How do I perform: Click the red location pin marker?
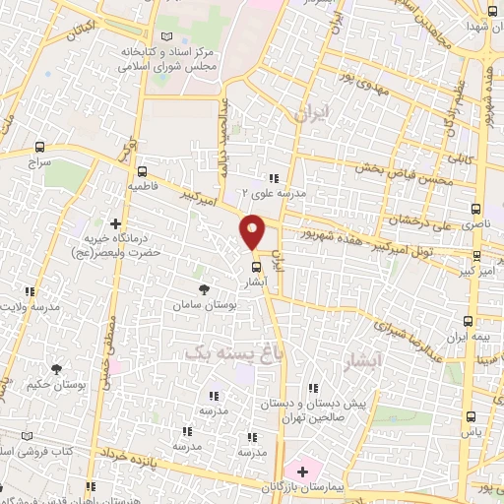(x=253, y=230)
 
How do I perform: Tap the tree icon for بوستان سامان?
(x=204, y=289)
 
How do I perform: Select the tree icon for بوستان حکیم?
(x=56, y=368)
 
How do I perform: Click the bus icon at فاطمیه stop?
(x=142, y=170)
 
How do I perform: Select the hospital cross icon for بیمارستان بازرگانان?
(x=302, y=472)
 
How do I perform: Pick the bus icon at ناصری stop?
(x=476, y=210)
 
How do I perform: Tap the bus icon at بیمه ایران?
(x=469, y=321)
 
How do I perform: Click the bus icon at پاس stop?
(x=470, y=415)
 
